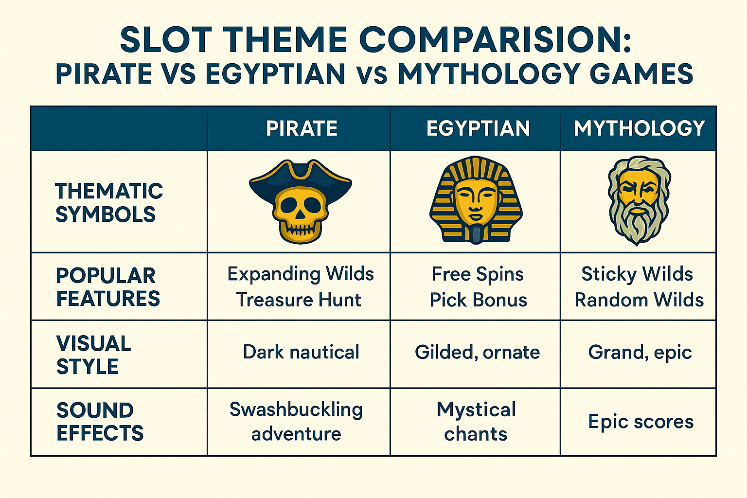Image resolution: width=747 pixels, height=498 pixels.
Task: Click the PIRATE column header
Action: pos(302,128)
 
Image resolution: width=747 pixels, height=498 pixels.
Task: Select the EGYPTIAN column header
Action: pos(478,128)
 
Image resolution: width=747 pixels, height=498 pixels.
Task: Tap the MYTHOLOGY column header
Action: pos(640,128)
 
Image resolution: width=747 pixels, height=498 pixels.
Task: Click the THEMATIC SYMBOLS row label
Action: pos(109,202)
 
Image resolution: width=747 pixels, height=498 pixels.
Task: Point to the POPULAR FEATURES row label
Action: pos(108,287)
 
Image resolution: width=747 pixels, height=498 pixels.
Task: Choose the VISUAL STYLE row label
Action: pos(94,355)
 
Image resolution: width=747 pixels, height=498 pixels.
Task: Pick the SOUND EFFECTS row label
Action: pos(100,421)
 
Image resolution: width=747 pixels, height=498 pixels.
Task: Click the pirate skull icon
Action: pos(300,201)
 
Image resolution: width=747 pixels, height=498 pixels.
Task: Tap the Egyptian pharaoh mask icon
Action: pos(476,200)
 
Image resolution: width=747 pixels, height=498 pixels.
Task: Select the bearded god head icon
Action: pos(639,200)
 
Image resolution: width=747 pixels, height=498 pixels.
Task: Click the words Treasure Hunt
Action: pos(299,300)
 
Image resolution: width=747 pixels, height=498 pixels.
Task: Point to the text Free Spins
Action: pos(478,274)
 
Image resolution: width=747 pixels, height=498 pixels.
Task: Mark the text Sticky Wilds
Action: pos(637,274)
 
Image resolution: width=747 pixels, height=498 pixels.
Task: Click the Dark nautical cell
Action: pos(301,352)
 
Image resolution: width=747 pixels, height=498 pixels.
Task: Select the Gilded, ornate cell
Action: pos(477,353)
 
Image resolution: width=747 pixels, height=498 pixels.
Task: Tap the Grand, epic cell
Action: pos(640,353)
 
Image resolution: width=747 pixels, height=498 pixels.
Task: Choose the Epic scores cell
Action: pos(640,422)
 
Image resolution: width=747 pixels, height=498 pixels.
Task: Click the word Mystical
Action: pos(476,410)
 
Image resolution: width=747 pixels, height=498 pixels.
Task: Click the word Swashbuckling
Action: pos(296,410)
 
